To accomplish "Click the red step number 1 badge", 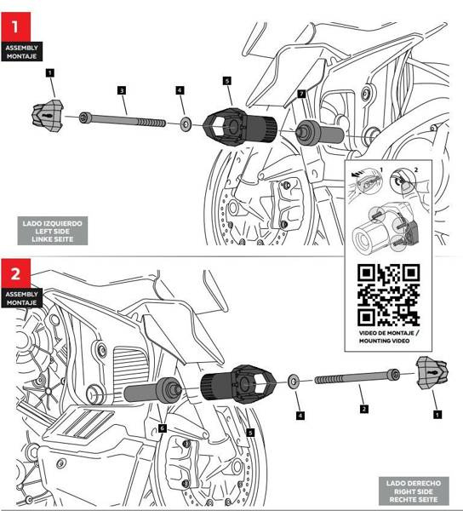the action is point(15,27).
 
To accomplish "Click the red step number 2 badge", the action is point(15,273).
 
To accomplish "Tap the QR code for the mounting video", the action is point(388,295).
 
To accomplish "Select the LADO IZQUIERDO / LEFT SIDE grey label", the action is point(53,231).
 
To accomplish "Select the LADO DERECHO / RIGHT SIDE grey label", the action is point(414,491).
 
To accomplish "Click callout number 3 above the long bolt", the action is point(122,90).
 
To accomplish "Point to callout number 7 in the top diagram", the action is point(302,94).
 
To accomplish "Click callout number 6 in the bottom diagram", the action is point(163,428).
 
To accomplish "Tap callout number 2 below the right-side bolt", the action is point(364,409).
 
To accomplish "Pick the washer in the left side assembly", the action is point(186,124).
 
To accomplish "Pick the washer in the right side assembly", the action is point(294,381).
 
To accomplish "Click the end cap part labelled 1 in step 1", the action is point(48,116).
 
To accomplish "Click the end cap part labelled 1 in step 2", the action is point(432,373).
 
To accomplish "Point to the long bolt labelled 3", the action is point(123,119).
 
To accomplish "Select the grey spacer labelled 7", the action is point(320,133).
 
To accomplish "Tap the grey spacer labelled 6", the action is point(152,390).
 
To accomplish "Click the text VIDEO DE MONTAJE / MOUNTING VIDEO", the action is point(389,337).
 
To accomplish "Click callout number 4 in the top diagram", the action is point(180,90).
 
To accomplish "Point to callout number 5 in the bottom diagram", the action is point(250,433).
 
